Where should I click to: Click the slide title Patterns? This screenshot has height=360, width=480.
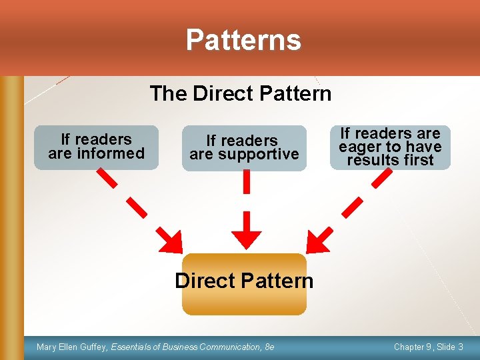[x=243, y=40]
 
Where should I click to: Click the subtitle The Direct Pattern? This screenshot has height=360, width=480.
[x=240, y=93]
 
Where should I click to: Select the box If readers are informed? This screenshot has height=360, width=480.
[x=97, y=147]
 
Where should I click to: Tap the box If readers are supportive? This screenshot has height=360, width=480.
[x=244, y=147]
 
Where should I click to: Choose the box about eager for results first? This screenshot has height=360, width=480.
[x=390, y=147]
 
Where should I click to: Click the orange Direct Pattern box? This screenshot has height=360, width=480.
[x=244, y=283]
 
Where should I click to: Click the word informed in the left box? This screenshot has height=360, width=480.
[x=111, y=153]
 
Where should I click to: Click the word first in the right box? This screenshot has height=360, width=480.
[x=418, y=160]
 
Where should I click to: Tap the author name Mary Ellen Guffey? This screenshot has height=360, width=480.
[x=73, y=347]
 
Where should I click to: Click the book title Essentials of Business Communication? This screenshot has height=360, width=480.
[x=187, y=347]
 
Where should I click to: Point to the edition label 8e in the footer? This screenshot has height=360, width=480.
[x=269, y=347]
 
